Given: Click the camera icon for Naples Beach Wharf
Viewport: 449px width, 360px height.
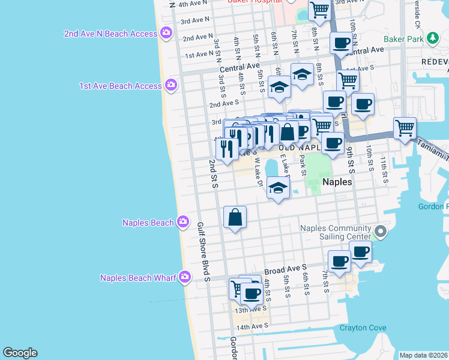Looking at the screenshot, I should point(184,277).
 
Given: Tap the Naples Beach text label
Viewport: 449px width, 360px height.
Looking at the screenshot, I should point(148,223).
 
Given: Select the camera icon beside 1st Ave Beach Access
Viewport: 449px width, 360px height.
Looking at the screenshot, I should point(172,86).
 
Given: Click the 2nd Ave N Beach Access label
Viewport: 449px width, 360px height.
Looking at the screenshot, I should point(110,34).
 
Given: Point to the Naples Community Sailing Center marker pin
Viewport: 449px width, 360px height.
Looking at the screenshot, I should point(379,231).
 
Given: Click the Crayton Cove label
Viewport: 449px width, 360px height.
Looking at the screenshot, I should point(363,328).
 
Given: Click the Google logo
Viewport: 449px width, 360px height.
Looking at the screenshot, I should point(20,353).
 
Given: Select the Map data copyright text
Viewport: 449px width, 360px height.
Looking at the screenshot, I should point(423,355).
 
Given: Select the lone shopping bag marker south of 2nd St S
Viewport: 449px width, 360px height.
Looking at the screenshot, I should point(235,217).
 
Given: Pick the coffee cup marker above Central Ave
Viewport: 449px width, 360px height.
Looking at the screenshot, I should point(341,43).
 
